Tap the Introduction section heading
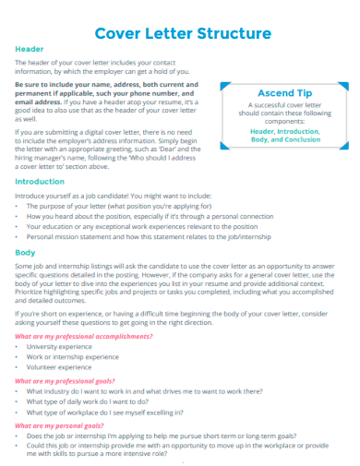(40, 182)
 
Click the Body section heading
(26, 251)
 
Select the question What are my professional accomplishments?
(83, 336)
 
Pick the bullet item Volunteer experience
(66, 366)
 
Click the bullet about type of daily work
(102, 400)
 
